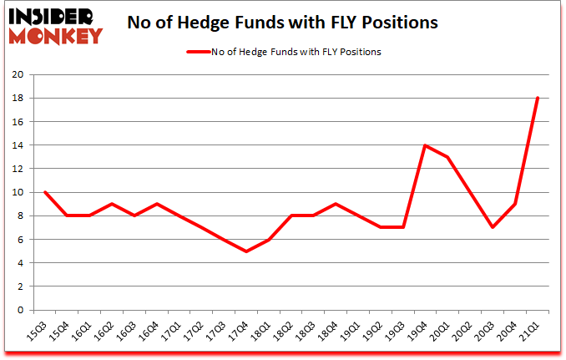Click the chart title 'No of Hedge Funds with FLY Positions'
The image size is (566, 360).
click(282, 23)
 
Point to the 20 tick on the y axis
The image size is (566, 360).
click(16, 74)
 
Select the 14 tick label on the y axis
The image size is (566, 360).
click(16, 145)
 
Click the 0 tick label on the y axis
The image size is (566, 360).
click(19, 310)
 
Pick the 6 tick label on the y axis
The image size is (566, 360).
click(19, 240)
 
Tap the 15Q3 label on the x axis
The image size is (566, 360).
click(36, 333)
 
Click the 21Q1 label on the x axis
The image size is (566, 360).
click(529, 333)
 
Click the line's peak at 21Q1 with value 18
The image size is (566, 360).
click(538, 98)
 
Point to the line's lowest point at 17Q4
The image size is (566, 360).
click(245, 251)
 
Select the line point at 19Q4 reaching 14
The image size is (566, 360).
click(426, 145)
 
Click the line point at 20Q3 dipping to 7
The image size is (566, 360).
click(493, 227)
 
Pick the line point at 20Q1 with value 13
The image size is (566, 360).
click(448, 157)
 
